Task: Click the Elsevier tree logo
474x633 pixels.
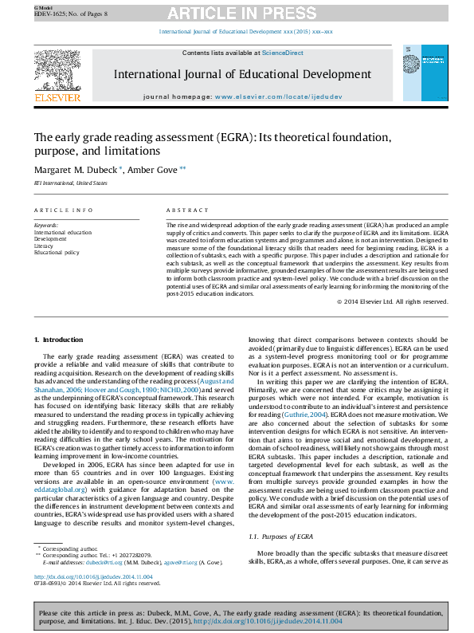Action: click(57, 73)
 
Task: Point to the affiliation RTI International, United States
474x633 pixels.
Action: click(70, 183)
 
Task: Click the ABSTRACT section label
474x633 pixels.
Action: click(187, 210)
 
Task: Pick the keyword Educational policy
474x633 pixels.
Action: click(57, 253)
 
